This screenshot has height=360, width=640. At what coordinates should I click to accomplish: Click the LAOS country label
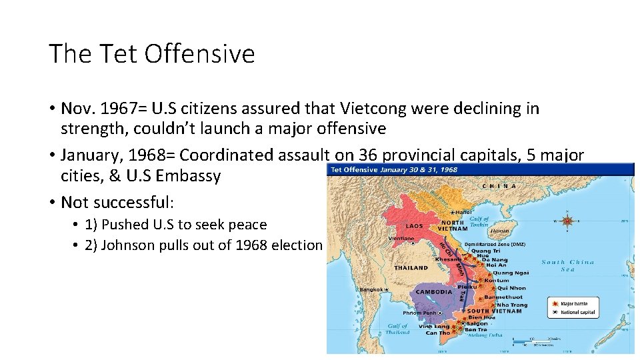pos(414,226)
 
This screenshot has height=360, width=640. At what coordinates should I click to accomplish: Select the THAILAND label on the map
pos(411,267)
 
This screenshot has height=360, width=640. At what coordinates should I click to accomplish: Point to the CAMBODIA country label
pos(434,292)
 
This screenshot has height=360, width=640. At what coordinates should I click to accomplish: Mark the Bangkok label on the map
pos(372,290)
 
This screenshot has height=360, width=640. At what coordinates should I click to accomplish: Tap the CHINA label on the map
pos(501,186)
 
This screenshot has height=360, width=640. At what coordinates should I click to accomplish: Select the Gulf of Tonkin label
pos(478,222)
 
